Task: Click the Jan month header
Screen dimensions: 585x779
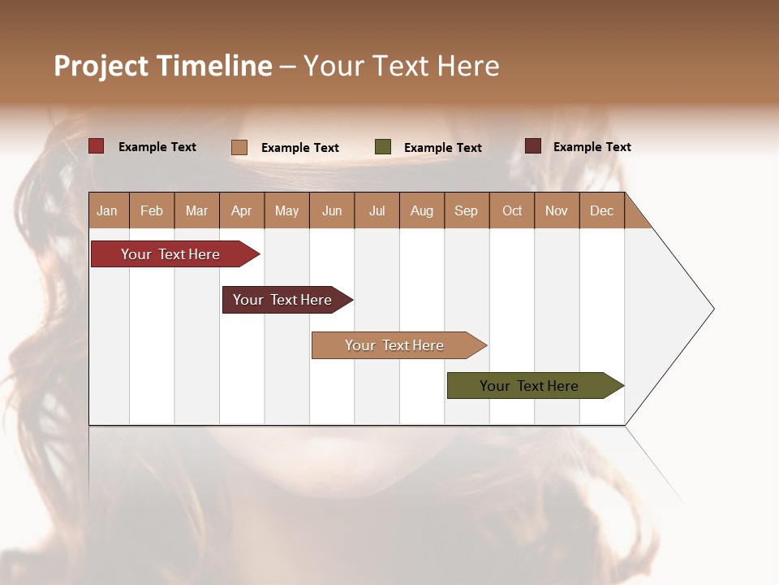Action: [108, 210]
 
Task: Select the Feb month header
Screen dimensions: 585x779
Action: [152, 210]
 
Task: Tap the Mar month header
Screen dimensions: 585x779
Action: [196, 210]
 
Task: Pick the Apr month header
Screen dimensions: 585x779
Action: [242, 210]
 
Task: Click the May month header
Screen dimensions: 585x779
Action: [286, 210]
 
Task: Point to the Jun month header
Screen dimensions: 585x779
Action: [332, 210]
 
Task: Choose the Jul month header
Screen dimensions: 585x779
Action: [377, 210]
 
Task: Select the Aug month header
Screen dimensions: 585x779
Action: [422, 210]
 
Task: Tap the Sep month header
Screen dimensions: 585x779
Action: [467, 210]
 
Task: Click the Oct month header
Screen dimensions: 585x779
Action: [512, 210]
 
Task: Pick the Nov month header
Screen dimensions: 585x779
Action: [557, 210]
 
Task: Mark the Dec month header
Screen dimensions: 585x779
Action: [602, 210]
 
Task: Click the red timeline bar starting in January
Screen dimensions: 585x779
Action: [171, 254]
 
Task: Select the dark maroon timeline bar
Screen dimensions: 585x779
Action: [283, 300]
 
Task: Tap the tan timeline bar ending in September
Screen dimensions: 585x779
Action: [395, 345]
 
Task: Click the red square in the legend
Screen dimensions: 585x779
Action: [97, 146]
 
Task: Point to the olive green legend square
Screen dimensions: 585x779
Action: [383, 147]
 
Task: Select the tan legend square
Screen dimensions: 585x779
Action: [239, 147]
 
